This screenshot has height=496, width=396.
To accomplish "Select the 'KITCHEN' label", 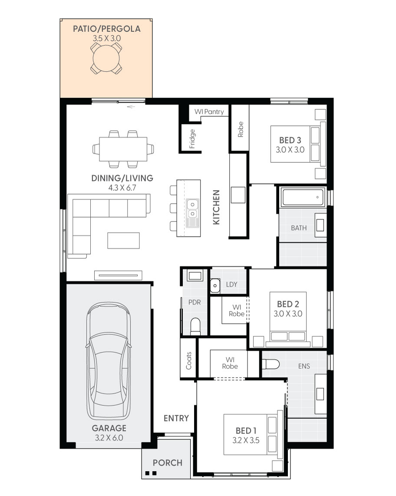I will pos(216,207).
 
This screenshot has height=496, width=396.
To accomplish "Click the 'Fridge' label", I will pos(192,139).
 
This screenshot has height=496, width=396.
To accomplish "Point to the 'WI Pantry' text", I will pos(209,112).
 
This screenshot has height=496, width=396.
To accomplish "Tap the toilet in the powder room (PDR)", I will pos(195,326).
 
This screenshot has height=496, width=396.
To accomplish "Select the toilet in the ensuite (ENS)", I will pos(271,364).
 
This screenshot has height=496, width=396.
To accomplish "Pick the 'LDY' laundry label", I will pos(232,284).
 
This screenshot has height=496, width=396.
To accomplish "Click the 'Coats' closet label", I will pos(189,360).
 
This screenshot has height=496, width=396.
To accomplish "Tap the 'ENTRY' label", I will pos(176,418).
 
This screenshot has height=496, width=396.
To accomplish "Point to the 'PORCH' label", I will pos(168,463).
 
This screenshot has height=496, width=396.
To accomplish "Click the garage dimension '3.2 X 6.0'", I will pos(109,438).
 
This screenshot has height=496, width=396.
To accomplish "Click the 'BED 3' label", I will pos(290,140).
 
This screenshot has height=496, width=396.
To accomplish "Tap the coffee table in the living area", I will pos(123,241).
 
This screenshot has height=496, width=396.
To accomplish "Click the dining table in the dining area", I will pos(123,149).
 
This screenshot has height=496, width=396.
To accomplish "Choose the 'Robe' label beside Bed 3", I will pos(241,129).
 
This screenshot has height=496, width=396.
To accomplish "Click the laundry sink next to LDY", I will pos(215,285).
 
